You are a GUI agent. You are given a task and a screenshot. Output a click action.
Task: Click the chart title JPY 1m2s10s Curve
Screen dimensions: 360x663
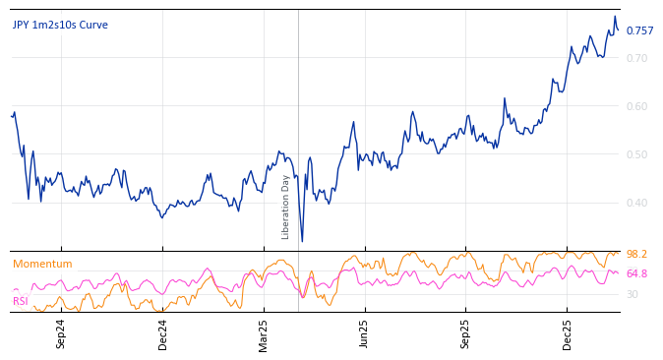(60, 25)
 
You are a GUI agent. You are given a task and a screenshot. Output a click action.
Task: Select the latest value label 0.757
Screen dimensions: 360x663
(639, 30)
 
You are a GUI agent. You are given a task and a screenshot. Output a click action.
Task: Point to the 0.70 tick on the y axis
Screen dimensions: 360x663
(636, 58)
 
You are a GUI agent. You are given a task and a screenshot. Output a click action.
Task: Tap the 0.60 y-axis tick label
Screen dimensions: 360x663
(636, 106)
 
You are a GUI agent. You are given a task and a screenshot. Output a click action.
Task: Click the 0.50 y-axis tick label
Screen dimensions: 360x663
(636, 154)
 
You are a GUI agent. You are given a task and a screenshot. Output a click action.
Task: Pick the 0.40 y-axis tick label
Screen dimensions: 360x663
(636, 203)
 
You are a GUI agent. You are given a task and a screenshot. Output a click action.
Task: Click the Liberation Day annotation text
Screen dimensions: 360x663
(286, 207)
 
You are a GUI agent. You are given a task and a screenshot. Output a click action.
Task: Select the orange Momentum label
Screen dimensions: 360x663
(42, 264)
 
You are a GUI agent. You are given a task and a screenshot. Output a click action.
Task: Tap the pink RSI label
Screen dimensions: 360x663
(21, 301)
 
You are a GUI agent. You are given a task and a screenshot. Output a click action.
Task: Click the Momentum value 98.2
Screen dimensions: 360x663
(636, 254)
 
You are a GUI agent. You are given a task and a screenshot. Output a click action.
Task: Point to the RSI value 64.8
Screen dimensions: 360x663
(636, 273)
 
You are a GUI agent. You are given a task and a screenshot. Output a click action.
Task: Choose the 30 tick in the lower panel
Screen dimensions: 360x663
(632, 294)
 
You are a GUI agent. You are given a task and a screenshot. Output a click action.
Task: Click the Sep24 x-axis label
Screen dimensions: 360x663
(61, 332)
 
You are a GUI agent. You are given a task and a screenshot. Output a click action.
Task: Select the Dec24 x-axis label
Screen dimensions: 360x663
(163, 332)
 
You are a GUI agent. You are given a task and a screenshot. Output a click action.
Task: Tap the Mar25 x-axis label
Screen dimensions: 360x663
(264, 332)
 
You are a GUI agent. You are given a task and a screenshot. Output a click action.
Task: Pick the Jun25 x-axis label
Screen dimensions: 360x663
(364, 332)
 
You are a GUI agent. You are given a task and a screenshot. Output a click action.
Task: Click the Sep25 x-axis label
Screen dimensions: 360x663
(465, 332)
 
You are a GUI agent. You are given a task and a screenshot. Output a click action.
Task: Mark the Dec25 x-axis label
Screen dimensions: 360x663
(567, 332)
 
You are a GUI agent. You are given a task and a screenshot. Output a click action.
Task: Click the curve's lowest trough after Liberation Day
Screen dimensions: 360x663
(302, 241)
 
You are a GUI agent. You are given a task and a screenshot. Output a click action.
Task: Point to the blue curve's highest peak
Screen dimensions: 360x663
(615, 16)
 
